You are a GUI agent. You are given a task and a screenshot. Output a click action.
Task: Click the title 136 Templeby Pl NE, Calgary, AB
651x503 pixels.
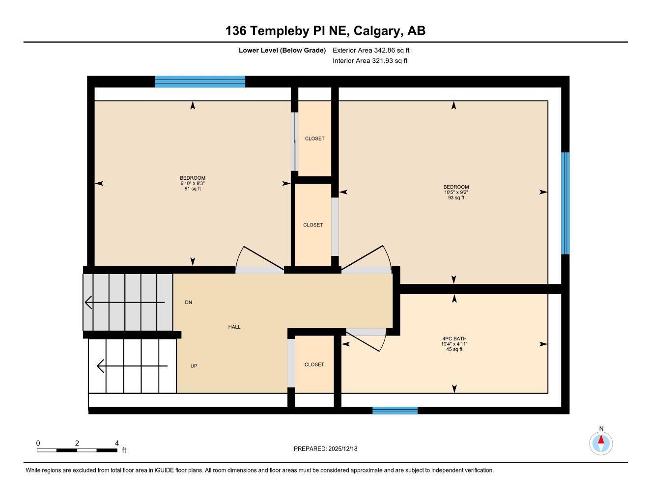click(325, 31)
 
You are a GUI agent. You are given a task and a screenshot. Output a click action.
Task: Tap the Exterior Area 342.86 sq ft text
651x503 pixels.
click(371, 50)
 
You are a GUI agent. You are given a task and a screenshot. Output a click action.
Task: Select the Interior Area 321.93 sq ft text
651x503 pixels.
click(370, 61)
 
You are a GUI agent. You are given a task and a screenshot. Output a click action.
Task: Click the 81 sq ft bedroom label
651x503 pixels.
click(193, 183)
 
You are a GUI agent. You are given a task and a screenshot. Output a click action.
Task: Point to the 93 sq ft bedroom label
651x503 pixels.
click(456, 192)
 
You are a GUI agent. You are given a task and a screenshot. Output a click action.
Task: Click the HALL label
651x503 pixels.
click(234, 327)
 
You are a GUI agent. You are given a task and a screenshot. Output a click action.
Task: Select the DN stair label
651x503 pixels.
click(189, 303)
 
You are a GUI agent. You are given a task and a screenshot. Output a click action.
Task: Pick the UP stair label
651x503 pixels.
click(194, 366)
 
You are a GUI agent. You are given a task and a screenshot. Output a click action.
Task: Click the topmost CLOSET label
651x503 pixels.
click(314, 139)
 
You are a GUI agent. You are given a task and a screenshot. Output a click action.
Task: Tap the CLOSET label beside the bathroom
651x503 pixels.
click(314, 364)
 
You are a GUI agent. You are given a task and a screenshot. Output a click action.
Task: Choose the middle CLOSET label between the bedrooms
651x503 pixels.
click(313, 225)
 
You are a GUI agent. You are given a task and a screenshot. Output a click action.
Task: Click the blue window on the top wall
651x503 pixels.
click(200, 82)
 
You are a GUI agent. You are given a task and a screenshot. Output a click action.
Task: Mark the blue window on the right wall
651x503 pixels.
click(566, 203)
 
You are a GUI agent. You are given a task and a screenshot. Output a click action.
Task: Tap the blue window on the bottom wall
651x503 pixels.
click(395, 410)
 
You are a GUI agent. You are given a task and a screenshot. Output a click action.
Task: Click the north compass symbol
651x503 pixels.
click(601, 443)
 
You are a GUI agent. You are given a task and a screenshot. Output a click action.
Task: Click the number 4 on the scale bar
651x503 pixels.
click(117, 443)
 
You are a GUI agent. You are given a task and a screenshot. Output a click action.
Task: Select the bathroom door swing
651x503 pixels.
click(366, 339)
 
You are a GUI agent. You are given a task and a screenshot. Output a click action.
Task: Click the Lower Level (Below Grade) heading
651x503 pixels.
click(282, 50)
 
